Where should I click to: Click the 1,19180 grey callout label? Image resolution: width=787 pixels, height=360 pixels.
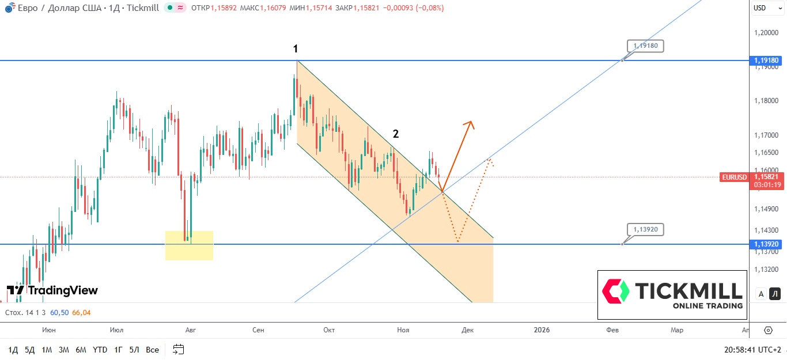(x=646, y=46)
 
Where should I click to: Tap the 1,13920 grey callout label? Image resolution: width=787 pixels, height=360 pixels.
(x=646, y=229)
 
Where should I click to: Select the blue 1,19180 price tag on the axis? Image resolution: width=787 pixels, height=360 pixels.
(x=766, y=60)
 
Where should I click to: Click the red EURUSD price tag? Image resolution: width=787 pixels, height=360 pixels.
(x=734, y=177)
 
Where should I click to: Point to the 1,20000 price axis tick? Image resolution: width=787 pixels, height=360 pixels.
(x=766, y=33)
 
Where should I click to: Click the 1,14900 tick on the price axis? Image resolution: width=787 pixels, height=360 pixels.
(x=766, y=210)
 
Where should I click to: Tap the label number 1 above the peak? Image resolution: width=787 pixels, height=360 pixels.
(x=296, y=49)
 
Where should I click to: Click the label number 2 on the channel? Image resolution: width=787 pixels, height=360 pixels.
(x=395, y=134)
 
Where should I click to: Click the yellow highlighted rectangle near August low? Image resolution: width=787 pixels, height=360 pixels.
(x=189, y=245)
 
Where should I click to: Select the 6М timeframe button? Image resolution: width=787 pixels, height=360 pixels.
(x=81, y=350)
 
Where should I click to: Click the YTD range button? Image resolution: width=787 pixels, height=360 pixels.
(x=100, y=350)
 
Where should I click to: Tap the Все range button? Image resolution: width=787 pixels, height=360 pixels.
(x=152, y=350)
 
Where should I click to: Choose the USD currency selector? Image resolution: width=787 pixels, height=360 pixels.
(x=760, y=8)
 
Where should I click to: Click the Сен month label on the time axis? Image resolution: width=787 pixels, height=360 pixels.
(x=258, y=330)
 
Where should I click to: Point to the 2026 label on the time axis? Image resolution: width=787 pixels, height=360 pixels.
(x=542, y=330)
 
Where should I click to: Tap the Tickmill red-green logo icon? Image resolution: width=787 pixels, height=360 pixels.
(x=615, y=291)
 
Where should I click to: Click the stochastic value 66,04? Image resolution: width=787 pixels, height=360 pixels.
(x=81, y=313)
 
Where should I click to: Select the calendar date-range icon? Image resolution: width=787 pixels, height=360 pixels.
(x=178, y=350)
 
